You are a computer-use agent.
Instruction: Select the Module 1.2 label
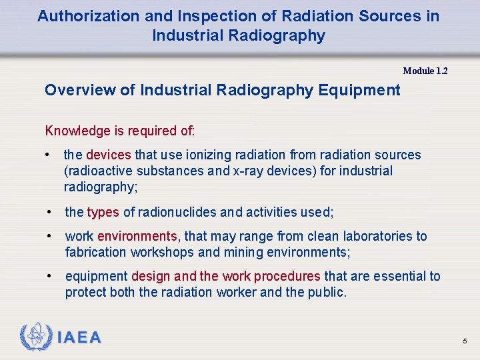[x=425, y=71]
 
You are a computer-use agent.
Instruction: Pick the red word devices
[x=109, y=155]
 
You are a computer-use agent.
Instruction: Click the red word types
[x=103, y=213]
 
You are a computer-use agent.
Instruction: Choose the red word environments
[x=138, y=237]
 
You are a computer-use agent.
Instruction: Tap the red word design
[x=151, y=277]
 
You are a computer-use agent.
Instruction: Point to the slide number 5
[x=465, y=341]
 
